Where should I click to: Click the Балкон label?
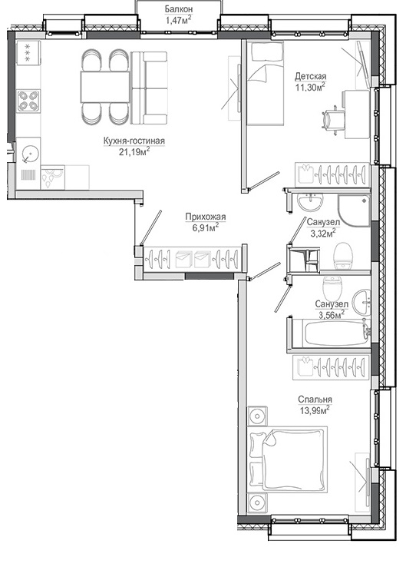(x=178, y=8)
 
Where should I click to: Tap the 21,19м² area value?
(x=134, y=152)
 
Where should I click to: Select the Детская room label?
(x=311, y=76)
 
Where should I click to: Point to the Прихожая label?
(x=206, y=217)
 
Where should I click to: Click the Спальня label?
(x=315, y=400)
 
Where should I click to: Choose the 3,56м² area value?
(x=332, y=315)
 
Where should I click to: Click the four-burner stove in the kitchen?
(x=28, y=101)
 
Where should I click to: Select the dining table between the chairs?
(x=105, y=87)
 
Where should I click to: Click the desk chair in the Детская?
(x=333, y=119)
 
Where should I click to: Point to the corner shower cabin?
(x=354, y=211)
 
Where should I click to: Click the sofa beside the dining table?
(x=149, y=88)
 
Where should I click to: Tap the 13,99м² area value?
(x=315, y=410)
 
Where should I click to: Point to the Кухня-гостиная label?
(x=134, y=141)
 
